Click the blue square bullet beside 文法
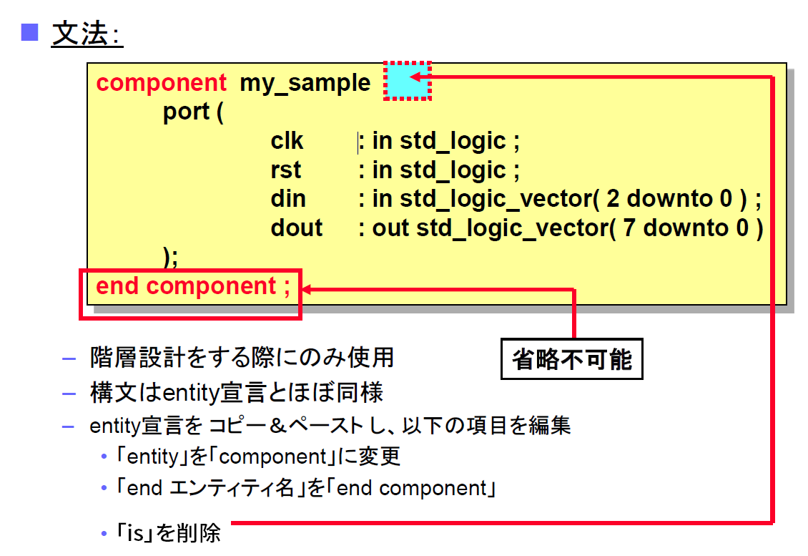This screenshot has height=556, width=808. pyautogui.click(x=29, y=32)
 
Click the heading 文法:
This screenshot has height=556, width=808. pyautogui.click(x=87, y=34)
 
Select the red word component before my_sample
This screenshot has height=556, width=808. pyautogui.click(x=162, y=82)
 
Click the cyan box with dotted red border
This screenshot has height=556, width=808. pyautogui.click(x=407, y=81)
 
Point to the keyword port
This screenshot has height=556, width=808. pyautogui.click(x=186, y=112)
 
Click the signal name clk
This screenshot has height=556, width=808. pyautogui.click(x=287, y=141)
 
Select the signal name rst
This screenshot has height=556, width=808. pyautogui.click(x=286, y=170)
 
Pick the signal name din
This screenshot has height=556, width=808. pyautogui.click(x=288, y=199)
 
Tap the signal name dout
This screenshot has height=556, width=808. pyautogui.click(x=296, y=228)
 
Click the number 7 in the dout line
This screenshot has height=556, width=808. pyautogui.click(x=629, y=228)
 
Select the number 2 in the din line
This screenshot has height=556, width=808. pyautogui.click(x=613, y=199)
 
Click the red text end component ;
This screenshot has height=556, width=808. pyautogui.click(x=193, y=286)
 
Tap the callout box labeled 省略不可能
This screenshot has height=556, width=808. pyautogui.click(x=572, y=359)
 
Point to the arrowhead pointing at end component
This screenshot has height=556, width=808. pyautogui.click(x=306, y=289)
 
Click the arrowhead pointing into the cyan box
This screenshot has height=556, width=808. pyautogui.click(x=415, y=77)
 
